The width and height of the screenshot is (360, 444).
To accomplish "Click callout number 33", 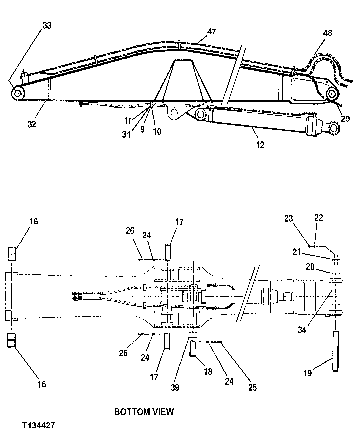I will (x=47, y=26).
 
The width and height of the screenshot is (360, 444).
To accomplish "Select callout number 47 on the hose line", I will (x=211, y=32).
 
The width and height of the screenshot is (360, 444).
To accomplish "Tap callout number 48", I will (x=327, y=33).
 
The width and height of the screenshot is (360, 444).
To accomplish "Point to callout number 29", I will (x=345, y=118).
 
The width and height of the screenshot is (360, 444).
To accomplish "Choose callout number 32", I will (x=32, y=124).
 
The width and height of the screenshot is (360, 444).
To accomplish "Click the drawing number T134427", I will (x=39, y=426).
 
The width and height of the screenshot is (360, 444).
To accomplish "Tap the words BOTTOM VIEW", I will (x=144, y=412).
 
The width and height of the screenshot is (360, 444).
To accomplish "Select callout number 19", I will (x=308, y=373).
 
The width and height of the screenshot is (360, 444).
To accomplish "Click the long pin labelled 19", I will (x=335, y=351).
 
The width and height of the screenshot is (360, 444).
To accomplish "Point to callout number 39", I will (x=175, y=387).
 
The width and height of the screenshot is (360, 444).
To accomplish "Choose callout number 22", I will (x=319, y=218).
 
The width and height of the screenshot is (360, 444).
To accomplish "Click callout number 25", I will (x=252, y=387).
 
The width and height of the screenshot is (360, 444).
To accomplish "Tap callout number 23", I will (x=288, y=218).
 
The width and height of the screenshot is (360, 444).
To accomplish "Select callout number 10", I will (x=157, y=131).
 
